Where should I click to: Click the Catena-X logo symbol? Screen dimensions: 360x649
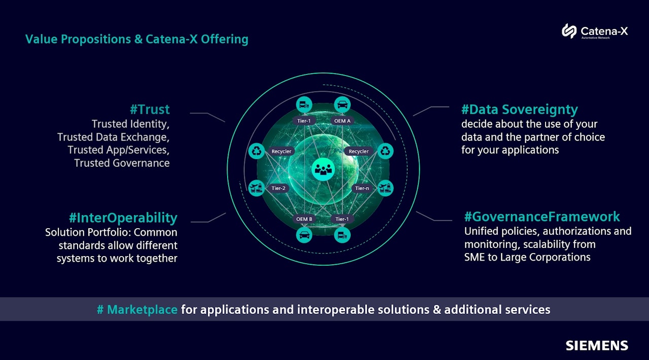[569, 31]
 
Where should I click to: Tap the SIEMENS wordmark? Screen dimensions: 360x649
[597, 346]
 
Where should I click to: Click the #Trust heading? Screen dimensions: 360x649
[150, 109]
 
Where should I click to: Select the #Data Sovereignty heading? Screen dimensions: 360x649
[519, 110]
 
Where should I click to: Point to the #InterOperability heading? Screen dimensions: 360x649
[123, 218]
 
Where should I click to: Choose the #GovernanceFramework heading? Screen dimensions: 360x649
[542, 217]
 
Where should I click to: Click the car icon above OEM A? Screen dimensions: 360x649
[342, 104]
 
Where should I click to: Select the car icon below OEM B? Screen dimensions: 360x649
[304, 235]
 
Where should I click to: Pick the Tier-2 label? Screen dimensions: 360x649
[278, 188]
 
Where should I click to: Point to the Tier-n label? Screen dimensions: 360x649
[362, 188]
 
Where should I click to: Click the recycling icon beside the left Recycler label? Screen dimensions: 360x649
[256, 151]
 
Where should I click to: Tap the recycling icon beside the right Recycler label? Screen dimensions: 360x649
[385, 151]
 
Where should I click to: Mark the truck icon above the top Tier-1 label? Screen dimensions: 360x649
[304, 104]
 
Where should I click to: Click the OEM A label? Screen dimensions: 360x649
[342, 121]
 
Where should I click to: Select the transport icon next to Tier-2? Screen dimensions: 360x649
[256, 188]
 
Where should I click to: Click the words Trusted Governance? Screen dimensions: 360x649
[122, 163]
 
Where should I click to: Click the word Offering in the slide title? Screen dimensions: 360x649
[225, 39]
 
